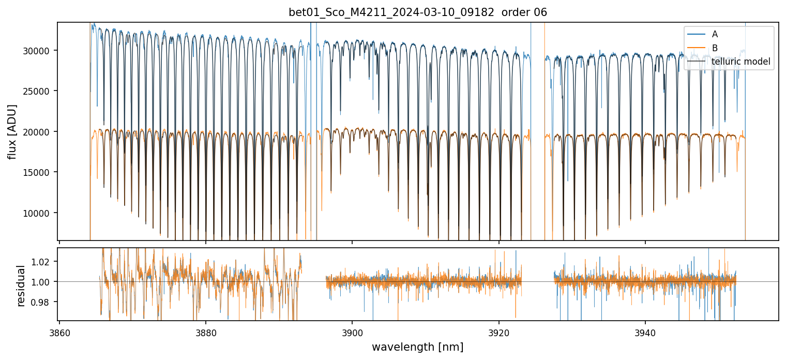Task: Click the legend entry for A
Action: (715, 34)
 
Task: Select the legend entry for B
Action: (715, 48)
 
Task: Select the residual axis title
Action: (21, 286)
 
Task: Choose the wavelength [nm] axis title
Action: (417, 347)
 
